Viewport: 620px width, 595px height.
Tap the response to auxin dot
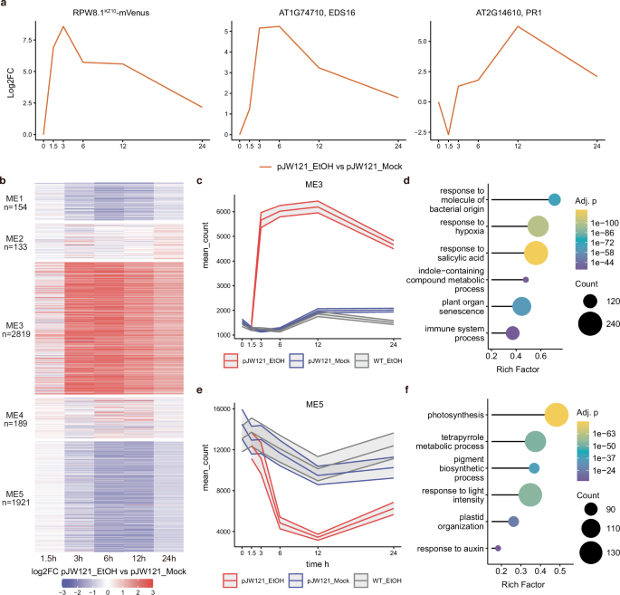[x=498, y=548]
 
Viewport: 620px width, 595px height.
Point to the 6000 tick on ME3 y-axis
[x=229, y=212]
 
